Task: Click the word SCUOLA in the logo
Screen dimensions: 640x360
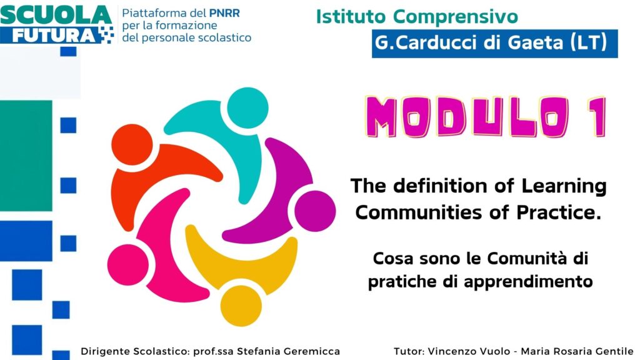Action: (56, 15)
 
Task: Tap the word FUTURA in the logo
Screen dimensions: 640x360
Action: (54, 36)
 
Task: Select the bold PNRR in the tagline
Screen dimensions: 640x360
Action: (224, 13)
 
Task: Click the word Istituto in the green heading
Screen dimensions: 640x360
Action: (351, 17)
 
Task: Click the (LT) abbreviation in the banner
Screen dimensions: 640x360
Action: (588, 43)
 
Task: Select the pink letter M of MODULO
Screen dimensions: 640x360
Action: (381, 117)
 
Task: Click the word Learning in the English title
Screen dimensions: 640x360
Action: (564, 186)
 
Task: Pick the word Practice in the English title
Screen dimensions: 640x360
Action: (559, 212)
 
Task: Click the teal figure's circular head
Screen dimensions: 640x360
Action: (247, 107)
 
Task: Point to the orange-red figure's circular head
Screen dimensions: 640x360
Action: (132, 144)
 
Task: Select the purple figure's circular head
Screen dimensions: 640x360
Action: (315, 211)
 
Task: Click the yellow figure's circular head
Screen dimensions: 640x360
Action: (241, 306)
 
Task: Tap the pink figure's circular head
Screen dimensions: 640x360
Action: (127, 264)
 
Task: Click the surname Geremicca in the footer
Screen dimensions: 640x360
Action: (309, 351)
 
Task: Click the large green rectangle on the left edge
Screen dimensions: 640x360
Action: (26, 156)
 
